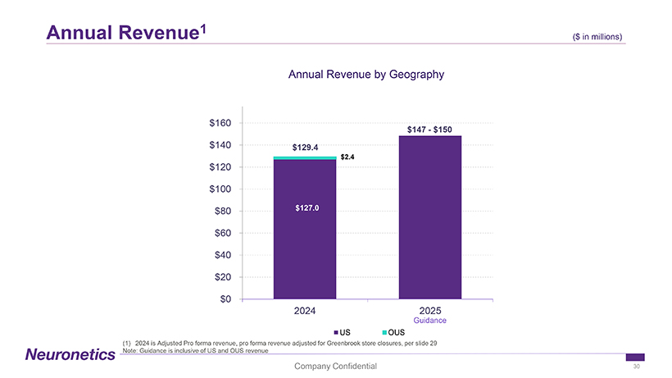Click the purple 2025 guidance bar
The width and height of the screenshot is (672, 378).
[430, 217]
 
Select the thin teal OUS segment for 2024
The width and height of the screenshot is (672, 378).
[305, 157]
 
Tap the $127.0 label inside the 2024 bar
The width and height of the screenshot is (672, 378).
[305, 207]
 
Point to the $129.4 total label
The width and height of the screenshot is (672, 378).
[305, 148]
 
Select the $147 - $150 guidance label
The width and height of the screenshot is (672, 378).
[430, 129]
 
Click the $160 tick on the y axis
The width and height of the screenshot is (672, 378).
[220, 123]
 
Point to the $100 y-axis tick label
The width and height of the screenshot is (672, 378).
[220, 189]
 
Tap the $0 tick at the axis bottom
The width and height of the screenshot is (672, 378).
[225, 298]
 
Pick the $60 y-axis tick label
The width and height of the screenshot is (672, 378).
[222, 233]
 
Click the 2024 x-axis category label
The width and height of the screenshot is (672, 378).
[305, 312]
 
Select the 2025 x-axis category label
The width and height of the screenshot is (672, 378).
[430, 312]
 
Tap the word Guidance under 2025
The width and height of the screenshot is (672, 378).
[430, 321]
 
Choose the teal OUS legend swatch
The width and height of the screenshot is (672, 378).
[384, 331]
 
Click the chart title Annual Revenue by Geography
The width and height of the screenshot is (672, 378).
[366, 75]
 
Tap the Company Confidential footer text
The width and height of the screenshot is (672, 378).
[336, 366]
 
